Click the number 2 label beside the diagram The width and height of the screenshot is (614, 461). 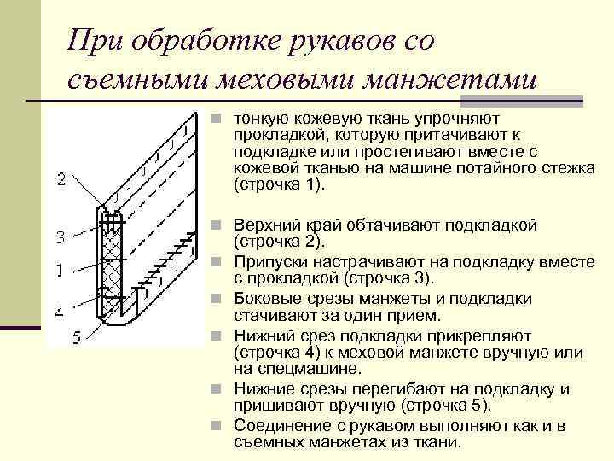coord(61,178)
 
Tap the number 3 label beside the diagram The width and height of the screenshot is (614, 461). coord(60,236)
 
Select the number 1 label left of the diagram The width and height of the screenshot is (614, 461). coord(59,271)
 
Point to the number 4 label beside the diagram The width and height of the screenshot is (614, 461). coord(59,313)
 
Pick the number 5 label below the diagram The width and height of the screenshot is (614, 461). coord(76,337)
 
